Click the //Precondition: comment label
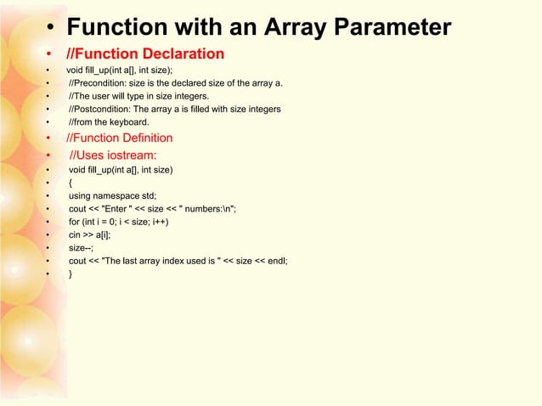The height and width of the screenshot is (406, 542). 100,82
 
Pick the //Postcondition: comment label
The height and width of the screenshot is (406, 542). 103,110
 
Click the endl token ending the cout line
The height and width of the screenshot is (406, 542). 276,261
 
